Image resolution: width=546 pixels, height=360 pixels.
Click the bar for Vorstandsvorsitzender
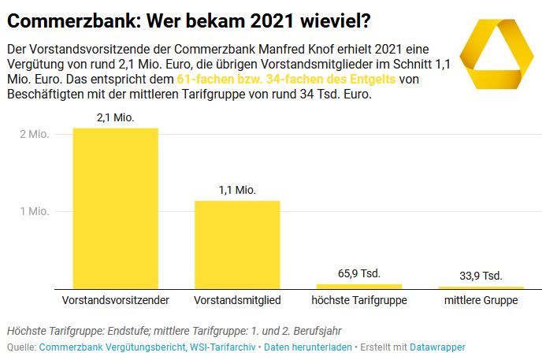pos(116,208)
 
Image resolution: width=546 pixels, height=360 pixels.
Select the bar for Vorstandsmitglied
pos(237,244)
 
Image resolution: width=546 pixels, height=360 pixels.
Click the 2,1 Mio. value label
pos(116,117)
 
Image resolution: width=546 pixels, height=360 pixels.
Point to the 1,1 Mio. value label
pos(237,190)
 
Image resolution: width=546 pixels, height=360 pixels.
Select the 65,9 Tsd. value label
pos(359,273)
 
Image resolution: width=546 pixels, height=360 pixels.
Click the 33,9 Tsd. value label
pos(481,276)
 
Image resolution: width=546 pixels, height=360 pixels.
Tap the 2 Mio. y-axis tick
pos(35,134)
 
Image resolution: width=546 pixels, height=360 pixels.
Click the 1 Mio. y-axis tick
pos(35,211)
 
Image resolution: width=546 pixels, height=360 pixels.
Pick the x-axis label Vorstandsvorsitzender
pos(116,301)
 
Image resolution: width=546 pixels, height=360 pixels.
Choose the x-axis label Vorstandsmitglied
pos(237,301)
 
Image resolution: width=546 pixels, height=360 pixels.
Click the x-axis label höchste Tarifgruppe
pos(358,301)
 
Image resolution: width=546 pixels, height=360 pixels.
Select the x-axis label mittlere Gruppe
pos(481,301)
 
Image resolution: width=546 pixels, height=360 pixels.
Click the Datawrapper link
pos(437,347)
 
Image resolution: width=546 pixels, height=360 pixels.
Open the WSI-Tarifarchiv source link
pos(223,347)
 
